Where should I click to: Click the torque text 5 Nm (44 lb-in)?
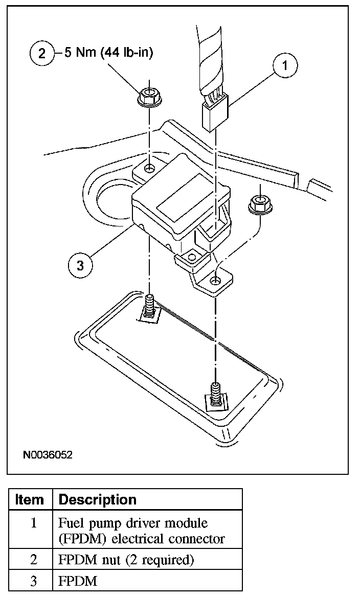[108, 53]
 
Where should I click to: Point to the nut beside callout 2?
[149, 96]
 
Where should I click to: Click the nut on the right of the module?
[260, 202]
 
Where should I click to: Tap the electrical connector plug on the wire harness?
[215, 115]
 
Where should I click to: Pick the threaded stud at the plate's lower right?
[215, 393]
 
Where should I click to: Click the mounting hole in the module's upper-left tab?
[149, 169]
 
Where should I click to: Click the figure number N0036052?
[48, 454]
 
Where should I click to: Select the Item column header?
[30, 499]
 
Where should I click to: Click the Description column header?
[98, 499]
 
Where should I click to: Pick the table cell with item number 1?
[33, 524]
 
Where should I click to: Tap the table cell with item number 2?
[33, 560]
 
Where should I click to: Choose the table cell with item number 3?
[33, 581]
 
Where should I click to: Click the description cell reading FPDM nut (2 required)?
[126, 560]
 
